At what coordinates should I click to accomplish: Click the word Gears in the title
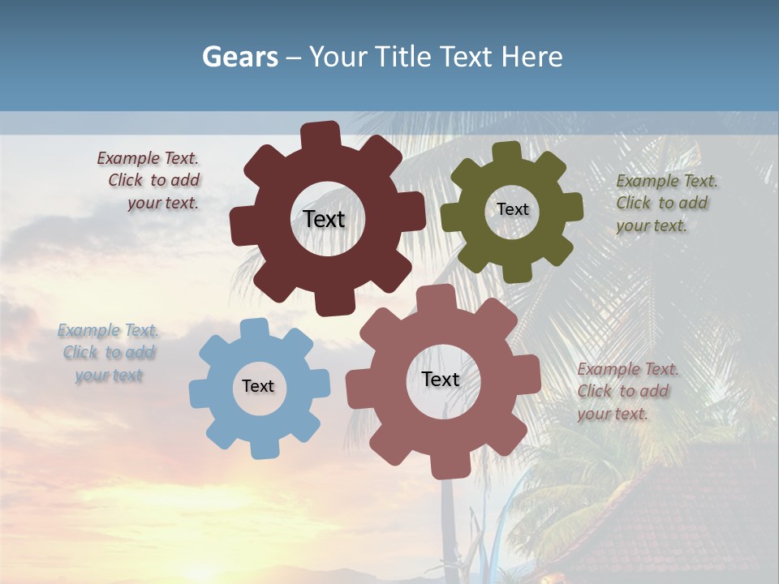click(x=240, y=56)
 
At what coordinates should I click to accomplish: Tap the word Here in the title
click(x=532, y=56)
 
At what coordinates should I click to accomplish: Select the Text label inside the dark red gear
click(x=324, y=219)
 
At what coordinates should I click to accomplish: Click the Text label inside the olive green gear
click(x=512, y=209)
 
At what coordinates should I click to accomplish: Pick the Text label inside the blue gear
click(x=258, y=386)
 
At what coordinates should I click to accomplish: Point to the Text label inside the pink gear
click(x=441, y=379)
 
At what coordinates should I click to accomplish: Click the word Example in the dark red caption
click(x=127, y=158)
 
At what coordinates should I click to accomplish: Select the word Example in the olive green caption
click(x=647, y=181)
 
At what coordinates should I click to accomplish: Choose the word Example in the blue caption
click(x=88, y=330)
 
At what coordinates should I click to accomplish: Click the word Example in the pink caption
click(x=608, y=369)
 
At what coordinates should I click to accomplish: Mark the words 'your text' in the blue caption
click(x=109, y=375)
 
